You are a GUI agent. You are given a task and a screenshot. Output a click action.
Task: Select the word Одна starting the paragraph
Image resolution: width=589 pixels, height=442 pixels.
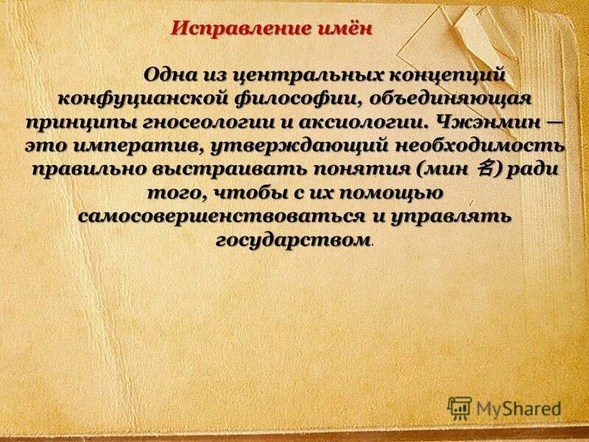[171, 74]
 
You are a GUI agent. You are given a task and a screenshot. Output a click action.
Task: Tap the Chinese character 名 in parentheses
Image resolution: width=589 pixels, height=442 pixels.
[484, 169]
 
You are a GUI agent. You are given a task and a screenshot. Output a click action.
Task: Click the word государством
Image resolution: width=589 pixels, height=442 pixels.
[294, 241]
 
